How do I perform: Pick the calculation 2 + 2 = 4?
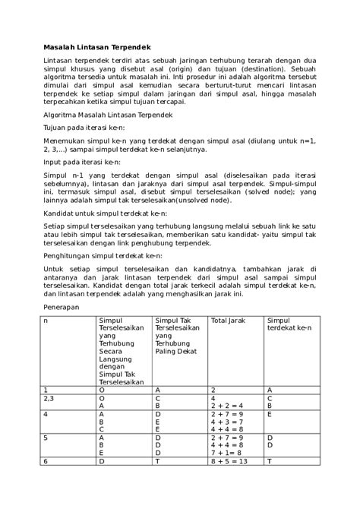(x=227, y=406)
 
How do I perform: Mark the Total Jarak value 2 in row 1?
(x=213, y=389)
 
